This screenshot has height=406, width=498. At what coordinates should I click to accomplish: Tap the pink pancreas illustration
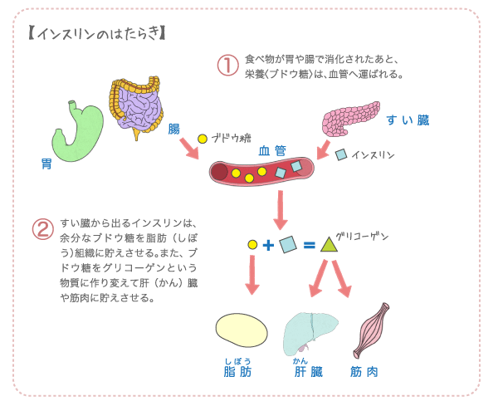coord(349,119)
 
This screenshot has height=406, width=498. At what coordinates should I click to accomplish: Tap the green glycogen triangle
coord(329,245)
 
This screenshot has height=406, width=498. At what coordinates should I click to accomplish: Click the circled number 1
coord(227,66)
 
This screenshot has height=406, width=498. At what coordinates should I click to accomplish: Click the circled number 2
coord(42,229)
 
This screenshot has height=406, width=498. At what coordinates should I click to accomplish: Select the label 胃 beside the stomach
coord(46,164)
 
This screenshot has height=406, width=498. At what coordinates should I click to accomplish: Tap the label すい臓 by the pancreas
coord(408,120)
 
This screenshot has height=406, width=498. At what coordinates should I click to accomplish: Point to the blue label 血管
coord(272,150)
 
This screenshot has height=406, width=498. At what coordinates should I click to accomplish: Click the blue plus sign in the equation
coord(268,245)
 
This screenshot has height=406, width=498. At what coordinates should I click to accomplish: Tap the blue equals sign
coord(309,245)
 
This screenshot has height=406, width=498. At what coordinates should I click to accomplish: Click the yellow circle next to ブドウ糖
coord(202,139)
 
